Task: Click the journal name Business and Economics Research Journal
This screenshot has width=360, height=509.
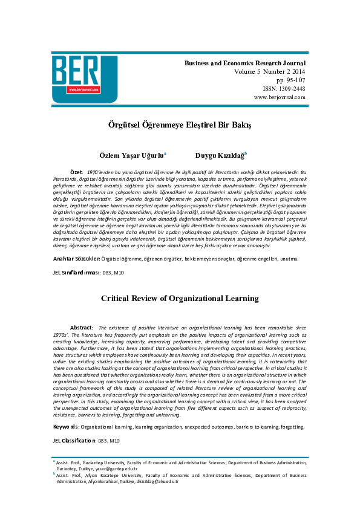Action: tap(245, 63)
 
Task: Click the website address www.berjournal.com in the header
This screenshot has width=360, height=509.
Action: tap(280, 97)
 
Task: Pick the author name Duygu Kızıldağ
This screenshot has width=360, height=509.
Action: tap(220, 155)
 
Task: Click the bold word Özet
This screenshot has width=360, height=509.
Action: tap(77, 173)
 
